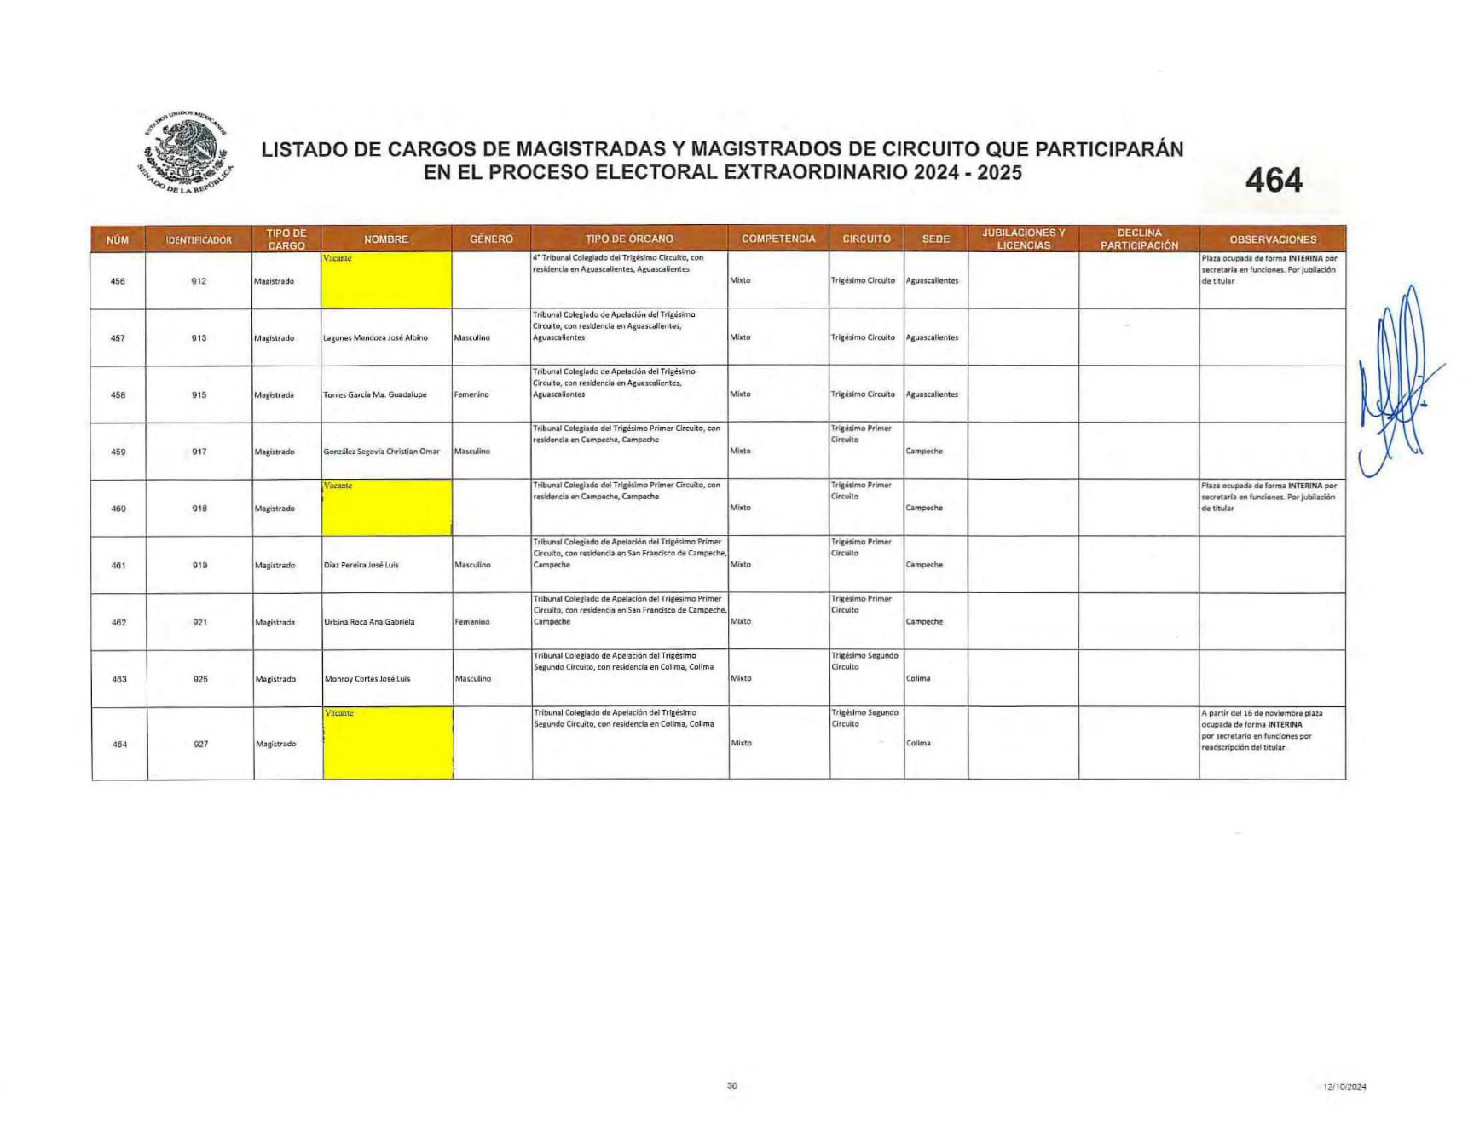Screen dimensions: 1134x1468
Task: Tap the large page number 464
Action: tap(1273, 181)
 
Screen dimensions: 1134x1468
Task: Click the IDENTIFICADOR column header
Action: tap(199, 239)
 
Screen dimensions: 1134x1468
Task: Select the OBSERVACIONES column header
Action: tap(1272, 239)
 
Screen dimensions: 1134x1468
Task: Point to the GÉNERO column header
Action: tap(491, 239)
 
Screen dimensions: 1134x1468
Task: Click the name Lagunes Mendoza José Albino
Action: tap(375, 338)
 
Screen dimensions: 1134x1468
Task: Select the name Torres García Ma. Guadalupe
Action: tap(374, 395)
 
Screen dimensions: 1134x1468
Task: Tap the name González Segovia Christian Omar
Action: tap(381, 452)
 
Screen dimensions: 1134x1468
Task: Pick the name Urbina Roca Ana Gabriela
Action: tap(369, 622)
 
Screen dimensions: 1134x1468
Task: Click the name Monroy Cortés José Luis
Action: tap(367, 679)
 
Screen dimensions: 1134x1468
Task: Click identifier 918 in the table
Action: tap(199, 509)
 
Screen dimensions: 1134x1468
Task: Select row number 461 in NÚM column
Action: tap(118, 566)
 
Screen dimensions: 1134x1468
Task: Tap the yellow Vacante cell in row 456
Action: tap(386, 279)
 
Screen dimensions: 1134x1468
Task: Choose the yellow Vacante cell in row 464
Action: tap(388, 743)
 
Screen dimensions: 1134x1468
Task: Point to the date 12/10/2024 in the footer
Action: tap(1344, 1086)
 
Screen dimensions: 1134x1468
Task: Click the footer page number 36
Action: tap(731, 1085)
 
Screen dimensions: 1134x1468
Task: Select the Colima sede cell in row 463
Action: tap(918, 679)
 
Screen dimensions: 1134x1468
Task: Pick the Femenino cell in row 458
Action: tap(471, 395)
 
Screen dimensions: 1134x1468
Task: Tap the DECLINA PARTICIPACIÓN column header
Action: tap(1139, 239)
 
